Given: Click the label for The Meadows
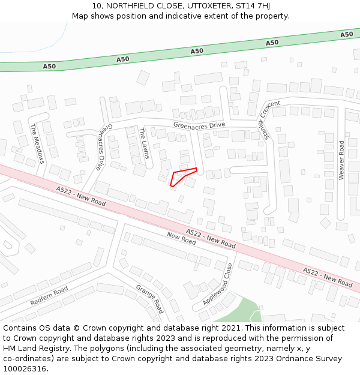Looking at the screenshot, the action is [x=37, y=143].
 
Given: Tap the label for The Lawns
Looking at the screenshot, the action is [x=145, y=143].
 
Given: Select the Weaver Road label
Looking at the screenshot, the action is [x=341, y=160].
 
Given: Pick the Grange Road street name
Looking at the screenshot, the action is [x=149, y=299].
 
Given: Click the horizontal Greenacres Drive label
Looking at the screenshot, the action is [x=199, y=125].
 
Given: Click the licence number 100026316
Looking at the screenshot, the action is [x=25, y=368].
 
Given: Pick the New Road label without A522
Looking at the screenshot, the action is [x=181, y=238].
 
